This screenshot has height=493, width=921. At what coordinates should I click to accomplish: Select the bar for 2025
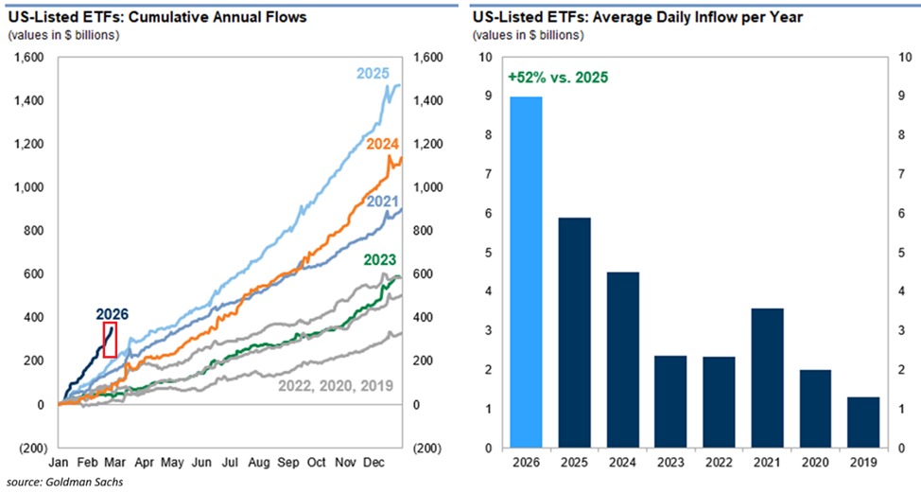click(x=574, y=332)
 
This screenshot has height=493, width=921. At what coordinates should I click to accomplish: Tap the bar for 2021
click(x=766, y=378)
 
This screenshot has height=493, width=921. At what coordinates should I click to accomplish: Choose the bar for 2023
click(x=670, y=401)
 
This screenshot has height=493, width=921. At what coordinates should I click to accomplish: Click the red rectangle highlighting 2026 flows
click(x=110, y=340)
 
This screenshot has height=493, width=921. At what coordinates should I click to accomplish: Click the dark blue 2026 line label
click(x=111, y=313)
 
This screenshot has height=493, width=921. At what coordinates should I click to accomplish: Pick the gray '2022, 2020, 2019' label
click(x=335, y=385)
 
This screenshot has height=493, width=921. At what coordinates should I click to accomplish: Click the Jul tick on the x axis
click(x=229, y=464)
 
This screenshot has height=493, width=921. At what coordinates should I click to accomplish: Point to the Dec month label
click(x=374, y=464)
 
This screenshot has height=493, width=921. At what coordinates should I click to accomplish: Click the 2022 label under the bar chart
click(x=719, y=464)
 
